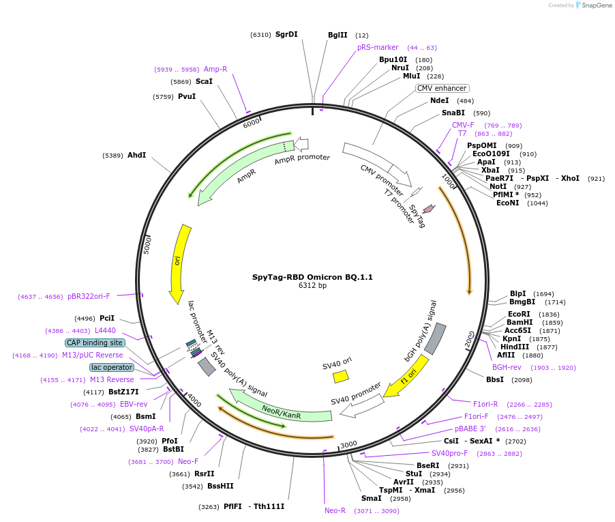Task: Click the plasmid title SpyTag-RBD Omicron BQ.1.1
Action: (x=312, y=277)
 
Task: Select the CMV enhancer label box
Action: (x=442, y=88)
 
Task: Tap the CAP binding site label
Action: (x=95, y=343)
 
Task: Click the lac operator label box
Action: (x=112, y=367)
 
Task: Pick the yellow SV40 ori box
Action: (x=340, y=376)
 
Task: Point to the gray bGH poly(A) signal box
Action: (x=435, y=338)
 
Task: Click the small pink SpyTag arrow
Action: (x=429, y=208)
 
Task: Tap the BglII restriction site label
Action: (x=337, y=35)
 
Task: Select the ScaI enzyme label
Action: (x=204, y=81)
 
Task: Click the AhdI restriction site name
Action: (x=136, y=155)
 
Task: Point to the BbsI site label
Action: (x=495, y=379)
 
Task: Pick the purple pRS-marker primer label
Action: (x=378, y=47)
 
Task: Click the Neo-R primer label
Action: (x=335, y=510)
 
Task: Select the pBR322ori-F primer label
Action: (x=89, y=296)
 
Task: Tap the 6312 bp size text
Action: (x=312, y=286)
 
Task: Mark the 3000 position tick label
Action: (x=348, y=444)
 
